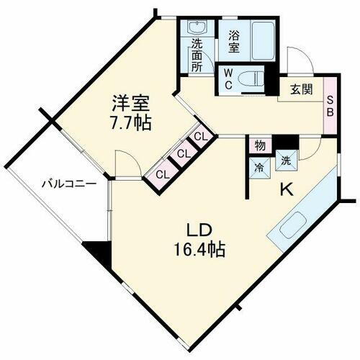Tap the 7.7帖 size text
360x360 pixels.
(x=130, y=123)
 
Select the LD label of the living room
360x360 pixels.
(x=199, y=231)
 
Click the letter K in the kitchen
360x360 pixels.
(x=286, y=190)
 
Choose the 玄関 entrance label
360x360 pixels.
(x=302, y=90)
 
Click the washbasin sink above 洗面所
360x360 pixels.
(x=197, y=28)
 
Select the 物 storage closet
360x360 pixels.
(x=259, y=145)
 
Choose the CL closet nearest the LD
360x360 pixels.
(x=163, y=173)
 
